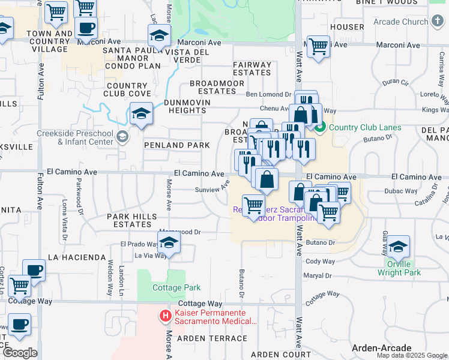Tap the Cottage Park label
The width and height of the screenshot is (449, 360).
(x=176, y=287)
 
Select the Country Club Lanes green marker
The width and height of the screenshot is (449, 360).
(x=320, y=127)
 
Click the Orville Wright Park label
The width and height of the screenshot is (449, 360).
(x=399, y=268)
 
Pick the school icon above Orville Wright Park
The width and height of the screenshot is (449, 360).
(x=398, y=247)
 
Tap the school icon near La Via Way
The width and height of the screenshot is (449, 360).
(x=169, y=243)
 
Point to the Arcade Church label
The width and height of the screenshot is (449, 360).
(x=401, y=22)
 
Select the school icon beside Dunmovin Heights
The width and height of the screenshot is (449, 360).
(x=140, y=113)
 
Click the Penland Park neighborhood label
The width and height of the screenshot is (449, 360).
(x=177, y=145)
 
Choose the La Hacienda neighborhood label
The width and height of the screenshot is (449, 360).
(x=77, y=257)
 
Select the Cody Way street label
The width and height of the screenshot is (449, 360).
(x=321, y=262)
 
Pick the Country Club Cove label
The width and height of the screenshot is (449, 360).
(x=128, y=89)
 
